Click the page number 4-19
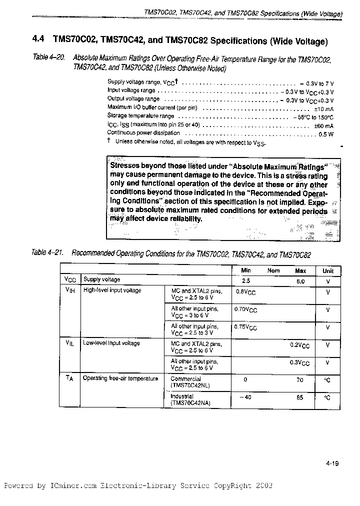coord(331,463)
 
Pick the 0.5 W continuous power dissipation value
coord(326,134)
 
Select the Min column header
coord(246,270)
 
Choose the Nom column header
coord(273,270)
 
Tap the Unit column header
coord(327,270)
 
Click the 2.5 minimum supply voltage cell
coord(245,280)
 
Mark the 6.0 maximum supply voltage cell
coord(300,280)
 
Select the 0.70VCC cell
coord(245,310)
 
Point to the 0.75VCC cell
coord(245,327)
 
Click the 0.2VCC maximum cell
coord(300,345)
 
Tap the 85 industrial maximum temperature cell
coord(300,397)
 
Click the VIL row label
coord(69,343)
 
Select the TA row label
coord(69,379)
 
